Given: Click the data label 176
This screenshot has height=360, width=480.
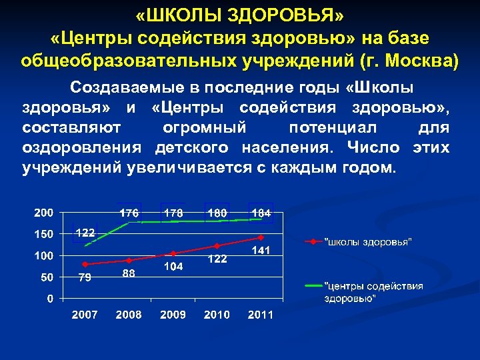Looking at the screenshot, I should point(129,213).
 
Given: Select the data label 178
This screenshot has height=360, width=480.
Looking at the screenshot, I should point(173,213).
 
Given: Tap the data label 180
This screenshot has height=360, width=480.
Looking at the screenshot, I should point(217,213).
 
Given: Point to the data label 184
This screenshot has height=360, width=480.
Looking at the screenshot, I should point(261,213).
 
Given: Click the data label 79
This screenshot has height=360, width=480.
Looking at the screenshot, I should point(85,278).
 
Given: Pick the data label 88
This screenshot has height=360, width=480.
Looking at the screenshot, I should point(129,273).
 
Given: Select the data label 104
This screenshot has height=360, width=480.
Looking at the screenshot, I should point(173,266).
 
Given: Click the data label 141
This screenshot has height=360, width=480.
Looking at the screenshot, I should point(261,251).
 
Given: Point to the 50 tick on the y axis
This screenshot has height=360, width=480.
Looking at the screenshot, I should point(47,277).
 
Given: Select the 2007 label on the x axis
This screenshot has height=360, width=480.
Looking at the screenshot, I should point(85,315).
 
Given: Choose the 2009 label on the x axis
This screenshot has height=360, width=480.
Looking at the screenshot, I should point(173,315).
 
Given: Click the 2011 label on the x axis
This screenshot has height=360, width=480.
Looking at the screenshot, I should point(261,315).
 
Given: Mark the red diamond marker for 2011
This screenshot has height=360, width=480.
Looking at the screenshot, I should point(261,237).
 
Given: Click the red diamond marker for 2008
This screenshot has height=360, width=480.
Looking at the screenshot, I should point(129,260).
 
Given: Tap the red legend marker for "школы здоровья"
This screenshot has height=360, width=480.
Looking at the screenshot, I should point(311,241).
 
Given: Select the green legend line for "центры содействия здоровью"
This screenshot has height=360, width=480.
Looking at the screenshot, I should point(311,285).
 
